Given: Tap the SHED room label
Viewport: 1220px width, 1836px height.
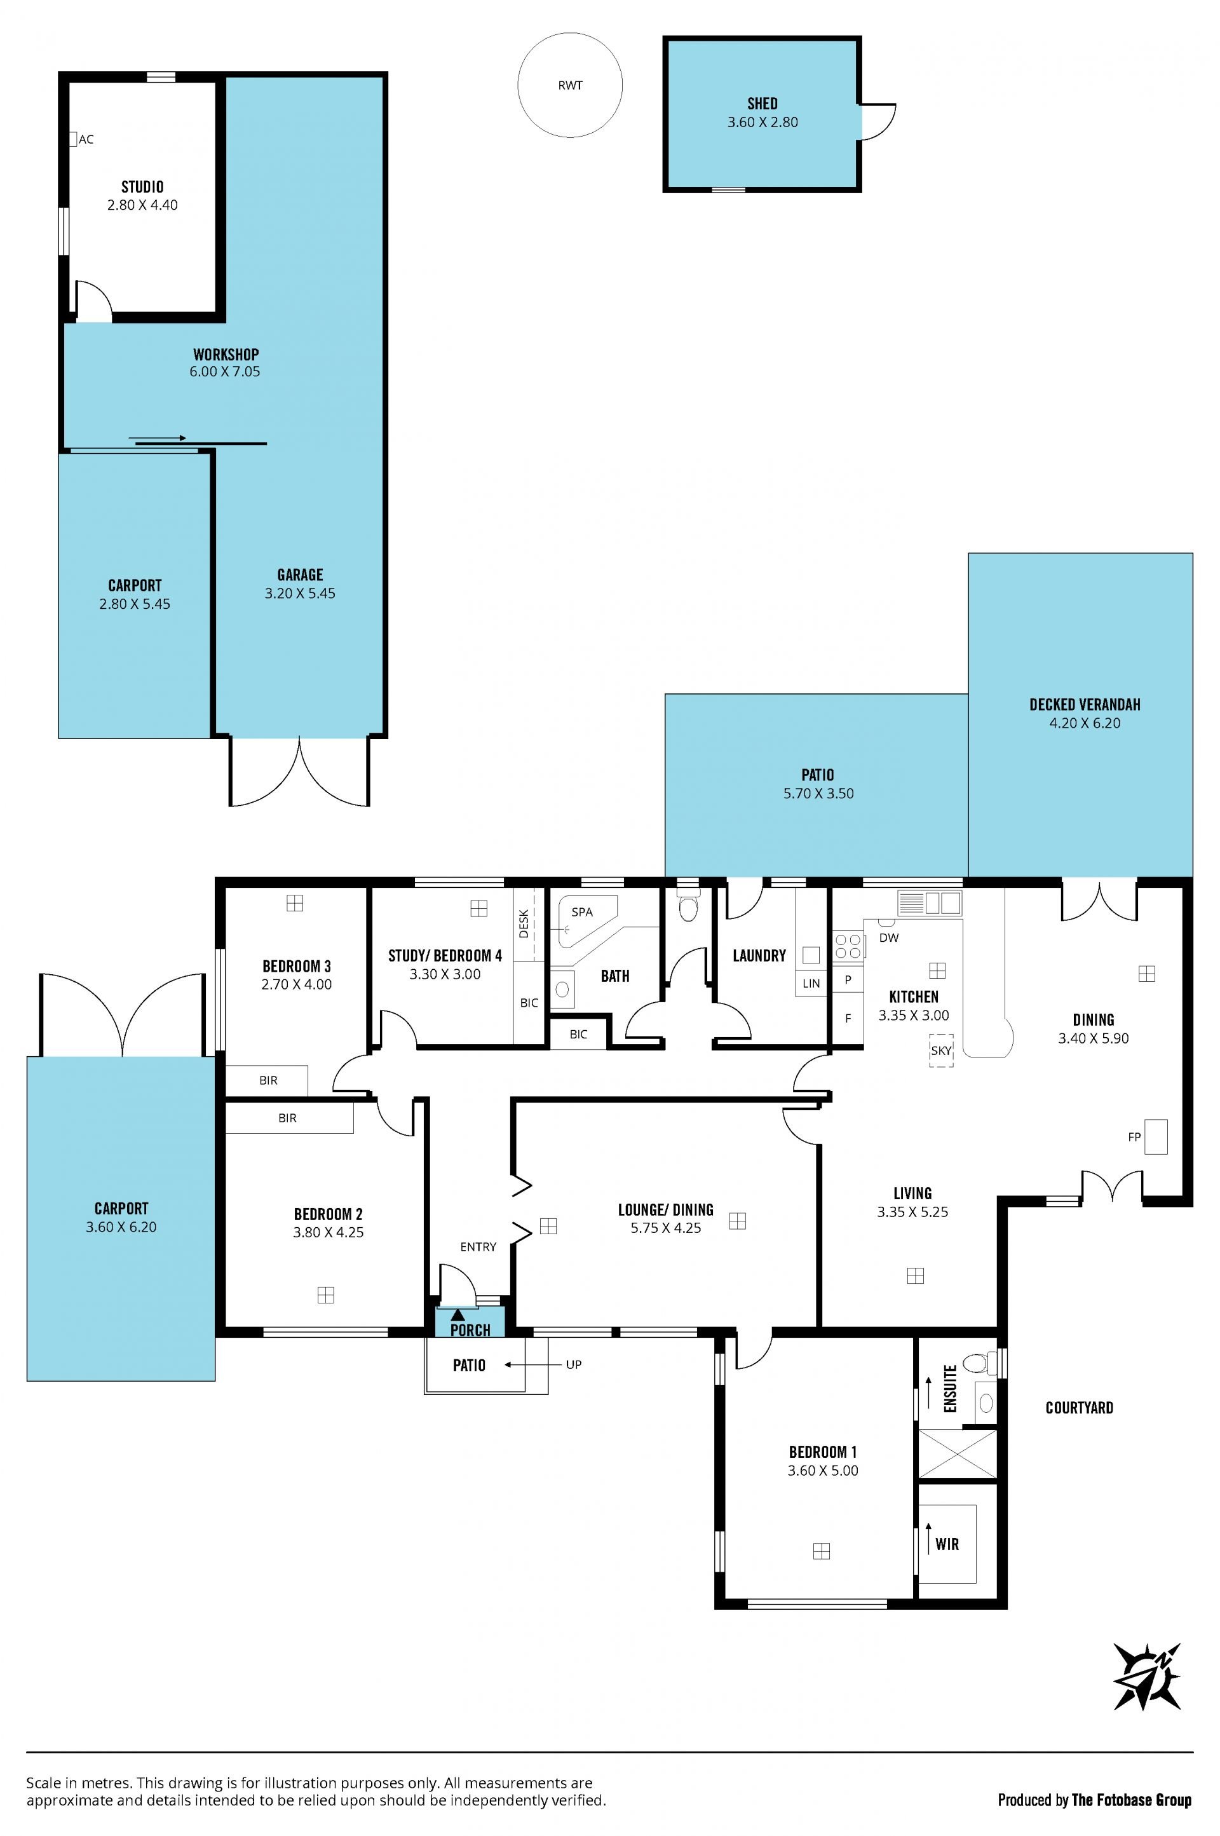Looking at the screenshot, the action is tap(762, 104).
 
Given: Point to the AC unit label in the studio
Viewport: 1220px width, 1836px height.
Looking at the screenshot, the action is tap(86, 139).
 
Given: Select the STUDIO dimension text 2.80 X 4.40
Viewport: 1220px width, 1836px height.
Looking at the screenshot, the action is tap(142, 205).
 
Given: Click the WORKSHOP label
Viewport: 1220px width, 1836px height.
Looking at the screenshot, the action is tap(226, 354).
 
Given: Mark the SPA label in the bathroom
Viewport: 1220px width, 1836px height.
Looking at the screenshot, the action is tap(582, 912).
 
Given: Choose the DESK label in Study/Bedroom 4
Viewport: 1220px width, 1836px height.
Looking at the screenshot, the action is tap(524, 923).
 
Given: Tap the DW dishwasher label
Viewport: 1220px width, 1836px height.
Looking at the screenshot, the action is tap(888, 937).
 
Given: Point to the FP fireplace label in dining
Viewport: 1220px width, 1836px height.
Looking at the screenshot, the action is tap(1134, 1136).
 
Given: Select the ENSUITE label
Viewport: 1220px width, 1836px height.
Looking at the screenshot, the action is tap(950, 1389).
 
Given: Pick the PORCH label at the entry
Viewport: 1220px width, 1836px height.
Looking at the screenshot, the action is tap(471, 1329).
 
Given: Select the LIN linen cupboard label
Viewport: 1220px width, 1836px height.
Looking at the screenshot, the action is tap(811, 983).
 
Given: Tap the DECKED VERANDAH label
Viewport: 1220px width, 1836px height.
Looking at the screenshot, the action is tap(1085, 705).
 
